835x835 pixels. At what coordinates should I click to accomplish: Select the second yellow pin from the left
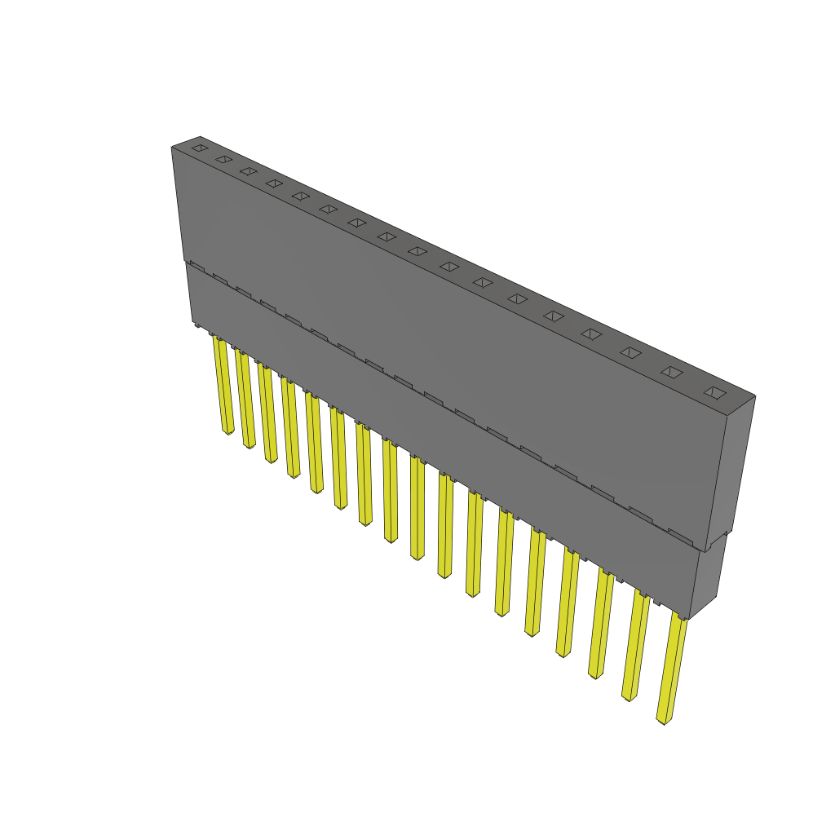pyautogui.click(x=245, y=399)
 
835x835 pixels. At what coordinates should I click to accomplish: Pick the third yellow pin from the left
pyautogui.click(x=267, y=413)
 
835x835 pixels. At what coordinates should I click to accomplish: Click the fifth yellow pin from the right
pyautogui.click(x=535, y=581)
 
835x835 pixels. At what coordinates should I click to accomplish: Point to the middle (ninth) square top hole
pyautogui.click(x=417, y=251)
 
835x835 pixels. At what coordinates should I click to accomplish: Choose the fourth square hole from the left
pyautogui.click(x=274, y=183)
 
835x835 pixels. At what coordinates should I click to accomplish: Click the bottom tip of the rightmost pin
pyautogui.click(x=664, y=721)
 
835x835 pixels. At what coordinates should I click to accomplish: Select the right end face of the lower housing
pyautogui.click(x=707, y=571)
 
